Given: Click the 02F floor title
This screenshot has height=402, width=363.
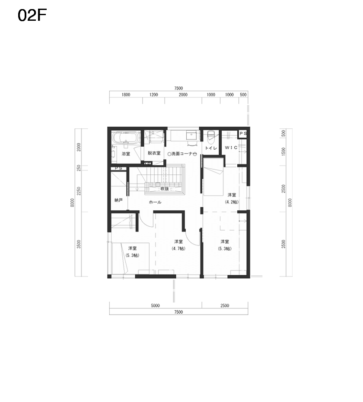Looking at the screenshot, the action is (x=32, y=16).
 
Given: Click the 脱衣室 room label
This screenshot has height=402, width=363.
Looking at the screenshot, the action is (x=154, y=153).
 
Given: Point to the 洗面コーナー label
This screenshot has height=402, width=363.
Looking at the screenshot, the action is (x=182, y=154).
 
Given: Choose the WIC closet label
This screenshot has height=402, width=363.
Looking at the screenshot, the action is (x=231, y=148).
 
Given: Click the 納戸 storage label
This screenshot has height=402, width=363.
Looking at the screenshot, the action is (x=118, y=200).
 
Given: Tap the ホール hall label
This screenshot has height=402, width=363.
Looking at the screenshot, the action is (x=155, y=202).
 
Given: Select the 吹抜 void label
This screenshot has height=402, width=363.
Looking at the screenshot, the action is (x=165, y=189).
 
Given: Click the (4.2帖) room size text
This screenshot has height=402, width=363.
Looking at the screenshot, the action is (x=232, y=202).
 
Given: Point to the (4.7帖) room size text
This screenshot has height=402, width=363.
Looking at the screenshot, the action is (x=178, y=248).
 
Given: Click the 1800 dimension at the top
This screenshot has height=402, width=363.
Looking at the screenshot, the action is (x=126, y=95).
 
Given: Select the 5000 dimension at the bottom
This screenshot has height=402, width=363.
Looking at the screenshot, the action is (x=155, y=306).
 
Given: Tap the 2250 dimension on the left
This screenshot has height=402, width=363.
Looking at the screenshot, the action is (x=79, y=191).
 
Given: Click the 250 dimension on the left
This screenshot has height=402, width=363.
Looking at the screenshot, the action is (x=79, y=168).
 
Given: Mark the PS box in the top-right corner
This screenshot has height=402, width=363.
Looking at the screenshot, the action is (x=243, y=134).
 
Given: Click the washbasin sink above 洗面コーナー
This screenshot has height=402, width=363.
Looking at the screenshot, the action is (x=191, y=135).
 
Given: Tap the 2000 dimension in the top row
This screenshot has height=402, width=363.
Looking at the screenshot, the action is (x=183, y=95).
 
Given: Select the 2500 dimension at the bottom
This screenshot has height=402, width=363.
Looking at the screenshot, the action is (x=225, y=306).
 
